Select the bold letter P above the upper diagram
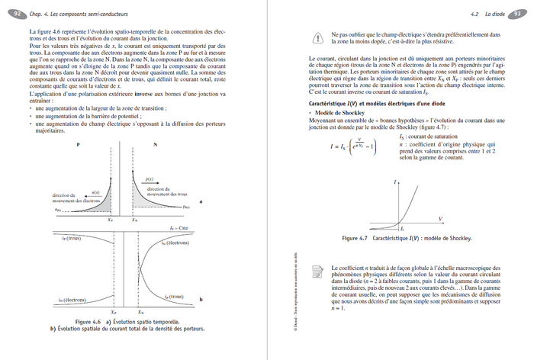(79, 143)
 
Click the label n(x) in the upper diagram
(95, 191)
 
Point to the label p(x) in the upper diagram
(150, 178)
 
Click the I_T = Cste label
(180, 228)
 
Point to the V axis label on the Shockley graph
(441, 219)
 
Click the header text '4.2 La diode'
(485, 13)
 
